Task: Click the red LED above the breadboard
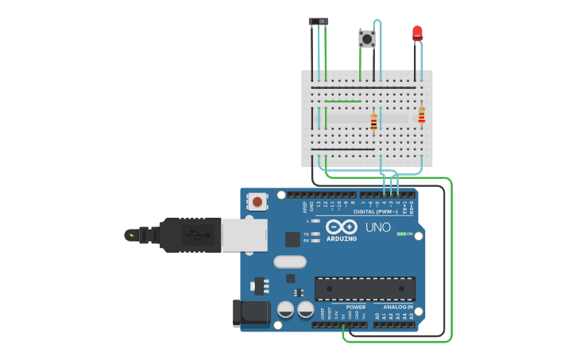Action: point(417,33)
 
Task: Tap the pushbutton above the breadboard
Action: point(366,38)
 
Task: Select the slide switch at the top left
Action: point(319,21)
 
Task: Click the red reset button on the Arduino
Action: point(257,201)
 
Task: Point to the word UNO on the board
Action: point(378,227)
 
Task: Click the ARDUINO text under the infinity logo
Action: point(342,238)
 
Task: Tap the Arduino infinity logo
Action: point(342,226)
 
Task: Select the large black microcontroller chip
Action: point(365,288)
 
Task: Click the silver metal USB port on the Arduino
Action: point(244,235)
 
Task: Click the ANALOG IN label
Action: point(398,307)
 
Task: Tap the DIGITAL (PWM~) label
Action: point(374,211)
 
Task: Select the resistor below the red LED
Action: point(421,115)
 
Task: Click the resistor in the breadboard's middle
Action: point(373,122)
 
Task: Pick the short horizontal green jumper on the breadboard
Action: point(342,102)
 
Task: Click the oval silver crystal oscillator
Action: point(290,261)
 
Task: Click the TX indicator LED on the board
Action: point(315,234)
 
